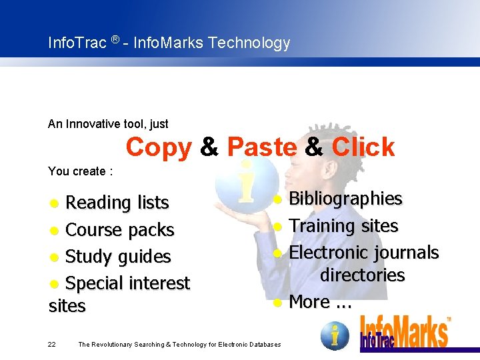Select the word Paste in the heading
tap(261, 147)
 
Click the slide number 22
tap(52, 344)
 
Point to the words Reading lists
tap(117, 202)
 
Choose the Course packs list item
tap(120, 230)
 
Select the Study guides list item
tap(118, 257)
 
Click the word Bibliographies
tap(345, 199)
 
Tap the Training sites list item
tap(343, 226)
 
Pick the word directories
tap(362, 275)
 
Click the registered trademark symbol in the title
tap(115, 41)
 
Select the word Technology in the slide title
tap(249, 43)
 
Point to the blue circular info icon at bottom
tap(335, 335)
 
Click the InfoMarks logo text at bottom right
tap(404, 331)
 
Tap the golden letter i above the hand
tap(245, 181)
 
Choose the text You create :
tap(81, 171)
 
